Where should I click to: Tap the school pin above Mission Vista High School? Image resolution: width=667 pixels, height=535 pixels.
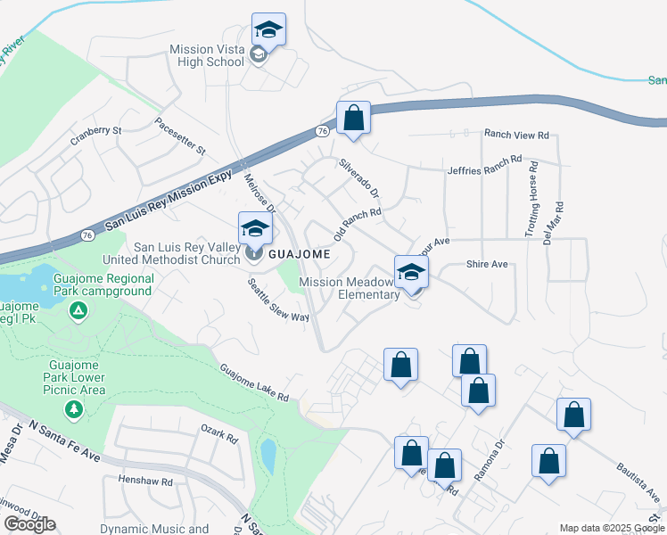click(268, 30)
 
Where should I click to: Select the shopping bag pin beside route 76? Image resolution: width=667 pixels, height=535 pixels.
click(353, 119)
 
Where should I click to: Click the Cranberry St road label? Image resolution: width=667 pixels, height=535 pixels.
click(97, 135)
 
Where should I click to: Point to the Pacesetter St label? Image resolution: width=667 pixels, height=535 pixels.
click(179, 135)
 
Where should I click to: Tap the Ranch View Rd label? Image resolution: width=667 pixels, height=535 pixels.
click(516, 136)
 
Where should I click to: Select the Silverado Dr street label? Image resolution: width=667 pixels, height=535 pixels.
click(359, 178)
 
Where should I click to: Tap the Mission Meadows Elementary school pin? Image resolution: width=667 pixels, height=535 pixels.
click(412, 273)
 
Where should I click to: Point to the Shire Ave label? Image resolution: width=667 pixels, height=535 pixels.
click(486, 264)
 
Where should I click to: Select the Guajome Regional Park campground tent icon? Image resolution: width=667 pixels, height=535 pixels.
click(78, 310)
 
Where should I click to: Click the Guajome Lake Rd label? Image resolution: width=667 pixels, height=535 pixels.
click(254, 383)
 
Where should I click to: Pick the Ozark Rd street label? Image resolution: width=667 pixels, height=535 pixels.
click(219, 434)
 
